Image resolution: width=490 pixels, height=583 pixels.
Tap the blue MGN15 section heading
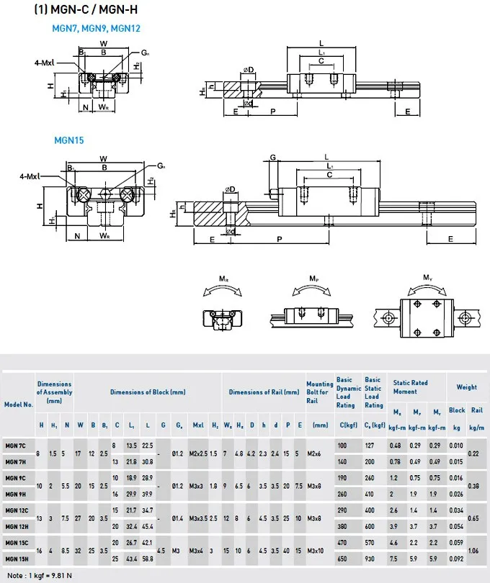pyautogui.click(x=69, y=140)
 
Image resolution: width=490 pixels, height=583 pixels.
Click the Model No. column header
pyautogui.click(x=19, y=405)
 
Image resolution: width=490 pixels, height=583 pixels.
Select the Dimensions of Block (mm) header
pyautogui.click(x=148, y=392)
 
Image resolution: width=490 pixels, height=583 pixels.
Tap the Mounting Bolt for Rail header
pyautogui.click(x=319, y=392)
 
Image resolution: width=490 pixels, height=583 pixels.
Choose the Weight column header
pyautogui.click(x=466, y=387)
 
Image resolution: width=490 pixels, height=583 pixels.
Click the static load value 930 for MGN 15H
pyautogui.click(x=370, y=559)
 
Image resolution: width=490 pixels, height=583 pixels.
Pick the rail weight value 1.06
pyautogui.click(x=474, y=551)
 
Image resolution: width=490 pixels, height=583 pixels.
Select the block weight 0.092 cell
pyautogui.click(x=456, y=559)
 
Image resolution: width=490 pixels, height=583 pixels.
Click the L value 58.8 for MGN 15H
pyautogui.click(x=148, y=559)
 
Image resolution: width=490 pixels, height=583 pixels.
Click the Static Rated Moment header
pyautogui.click(x=410, y=387)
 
